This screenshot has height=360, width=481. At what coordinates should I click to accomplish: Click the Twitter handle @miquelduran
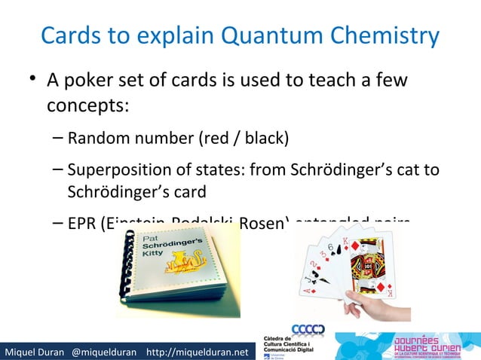[x=105, y=351]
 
